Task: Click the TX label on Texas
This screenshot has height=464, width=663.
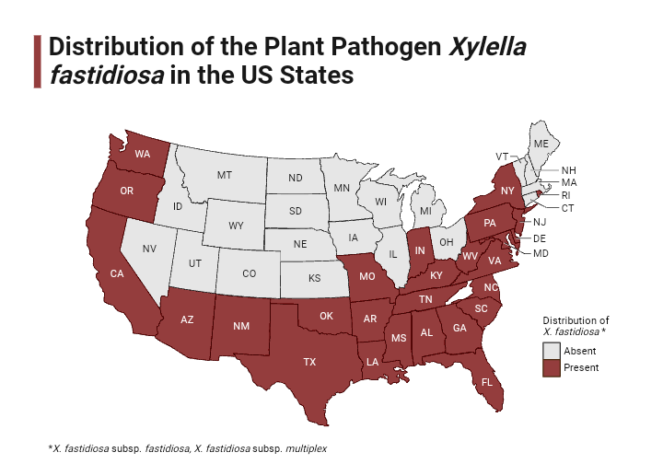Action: click(x=309, y=362)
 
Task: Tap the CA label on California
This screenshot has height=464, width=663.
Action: click(x=117, y=273)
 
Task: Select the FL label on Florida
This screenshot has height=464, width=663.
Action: click(x=487, y=381)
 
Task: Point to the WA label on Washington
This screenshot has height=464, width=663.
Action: click(x=143, y=154)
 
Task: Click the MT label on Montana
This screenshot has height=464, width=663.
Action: click(x=224, y=174)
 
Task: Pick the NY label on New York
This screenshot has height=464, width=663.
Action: click(x=507, y=190)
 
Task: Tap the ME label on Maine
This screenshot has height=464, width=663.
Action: click(x=541, y=145)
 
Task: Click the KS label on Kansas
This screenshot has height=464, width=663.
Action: click(x=314, y=277)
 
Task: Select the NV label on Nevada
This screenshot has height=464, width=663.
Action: click(x=149, y=249)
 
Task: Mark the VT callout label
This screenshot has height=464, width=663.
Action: click(x=502, y=156)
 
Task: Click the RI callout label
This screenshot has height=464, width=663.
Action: click(x=568, y=195)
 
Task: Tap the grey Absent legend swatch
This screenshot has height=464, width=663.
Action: click(x=551, y=351)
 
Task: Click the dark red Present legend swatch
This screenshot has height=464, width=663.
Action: click(x=551, y=367)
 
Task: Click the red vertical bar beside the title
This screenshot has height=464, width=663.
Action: click(x=37, y=61)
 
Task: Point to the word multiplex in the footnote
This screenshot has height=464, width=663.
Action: click(x=300, y=447)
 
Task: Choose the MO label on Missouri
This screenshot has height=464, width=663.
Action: click(x=366, y=275)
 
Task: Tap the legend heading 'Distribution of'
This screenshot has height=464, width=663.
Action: click(x=576, y=319)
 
